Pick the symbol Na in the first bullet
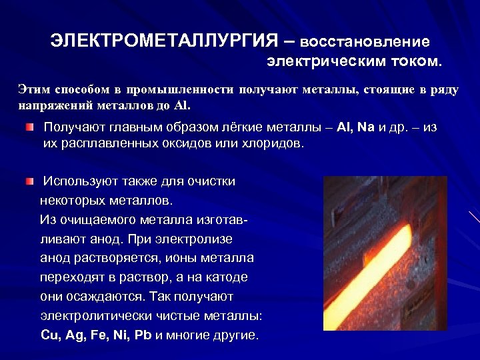(x=366, y=127)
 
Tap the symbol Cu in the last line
(x=50, y=335)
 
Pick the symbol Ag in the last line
(x=75, y=335)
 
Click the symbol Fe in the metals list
(x=100, y=335)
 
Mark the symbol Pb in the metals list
(x=143, y=335)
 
